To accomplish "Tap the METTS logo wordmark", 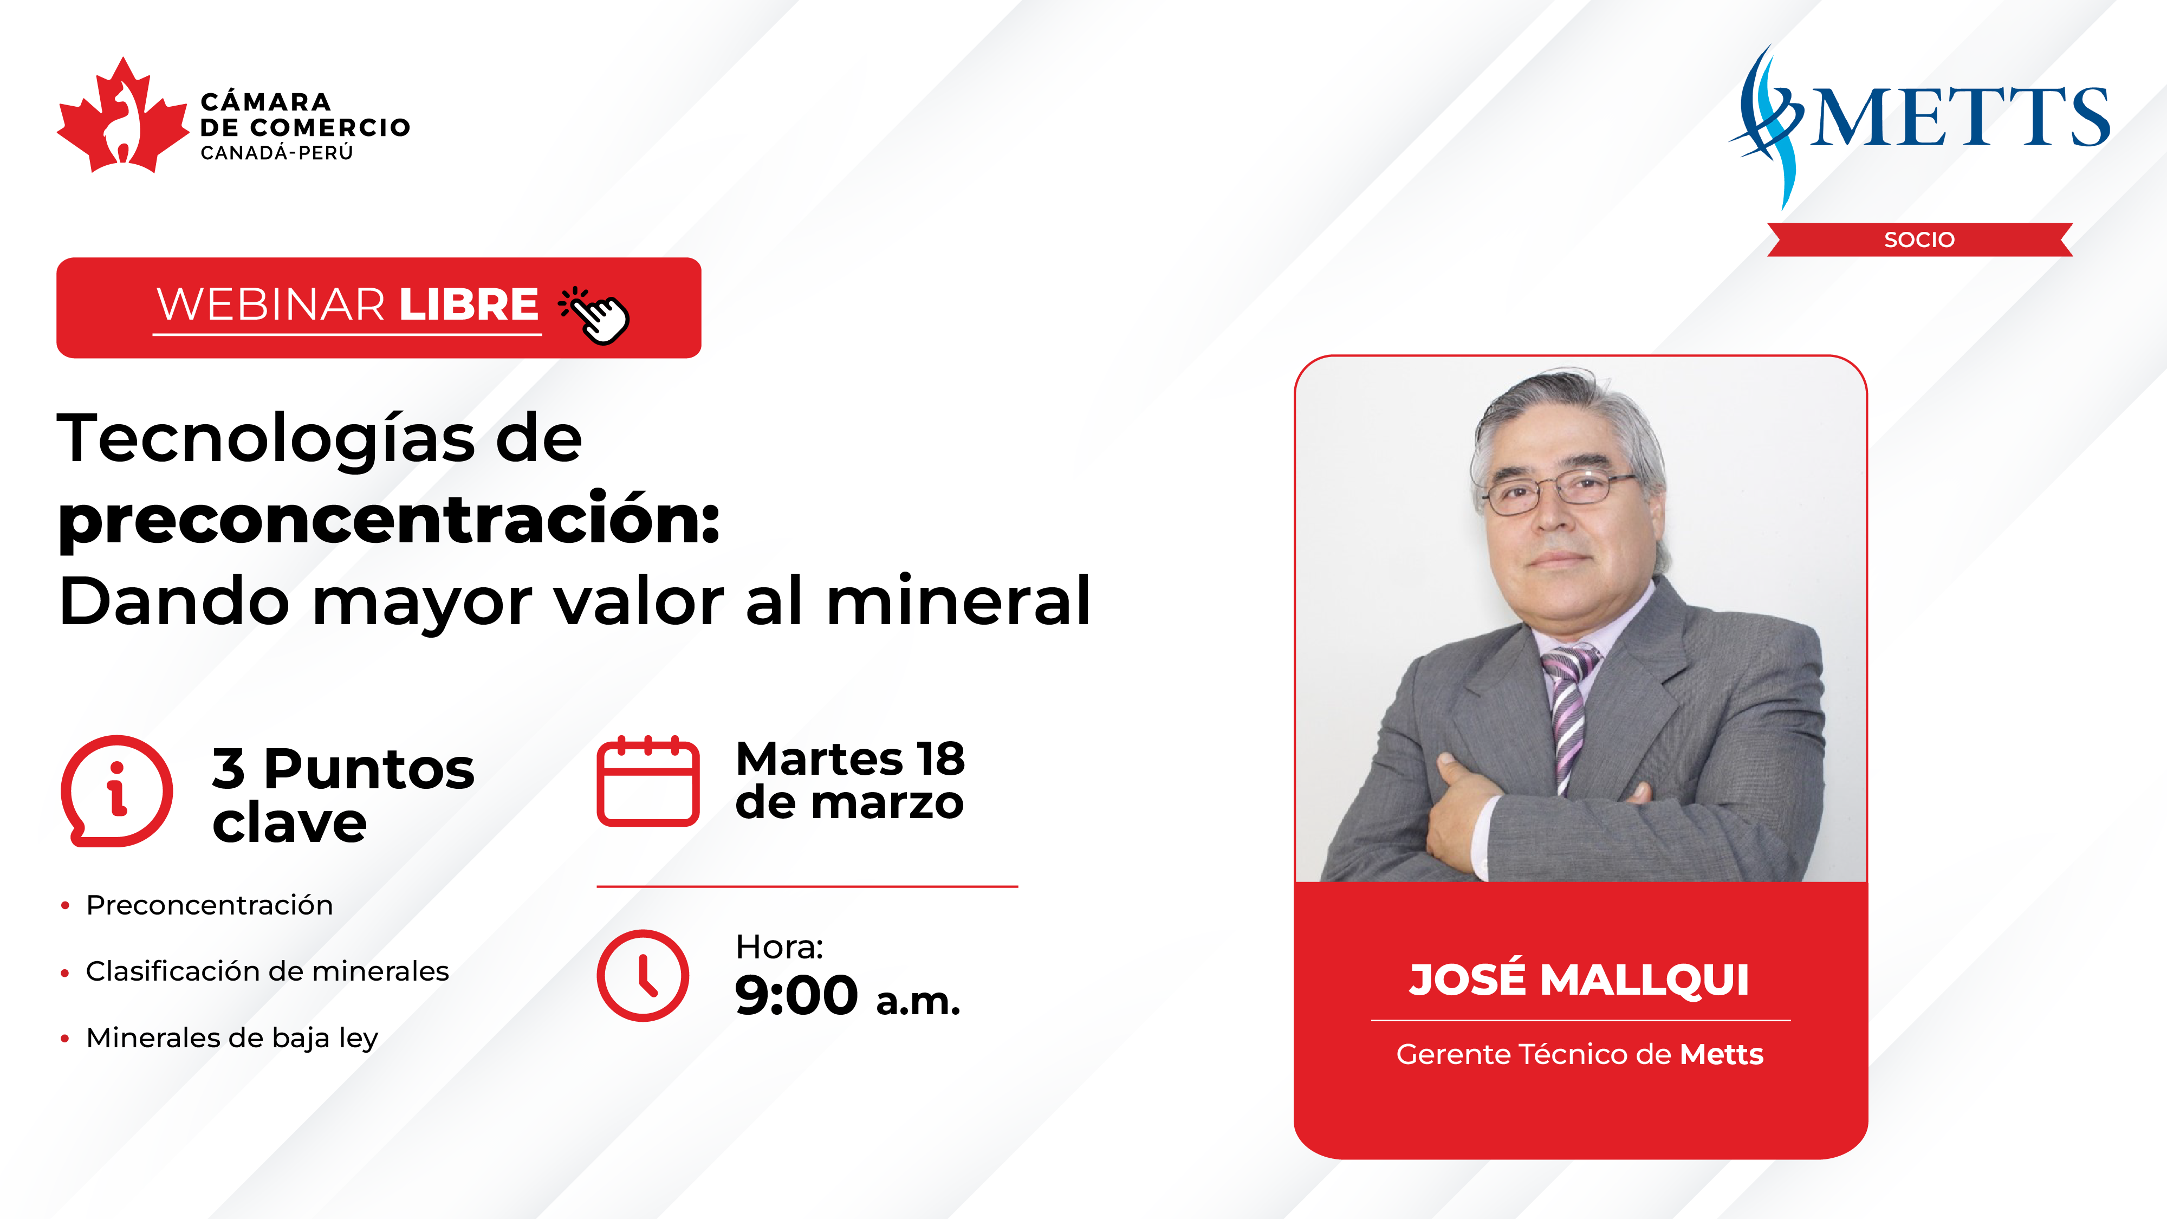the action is (x=1960, y=117).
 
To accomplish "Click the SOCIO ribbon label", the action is (x=1919, y=240).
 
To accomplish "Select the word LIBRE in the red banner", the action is (x=469, y=304).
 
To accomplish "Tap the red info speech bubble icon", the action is (x=117, y=791).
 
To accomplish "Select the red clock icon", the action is (x=643, y=976).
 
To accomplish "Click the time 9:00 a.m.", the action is (x=847, y=996).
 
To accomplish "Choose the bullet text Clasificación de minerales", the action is (x=268, y=971).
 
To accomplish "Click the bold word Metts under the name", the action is (x=1721, y=1054).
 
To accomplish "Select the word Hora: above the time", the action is (x=779, y=947).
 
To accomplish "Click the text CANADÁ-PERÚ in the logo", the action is (x=277, y=153).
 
